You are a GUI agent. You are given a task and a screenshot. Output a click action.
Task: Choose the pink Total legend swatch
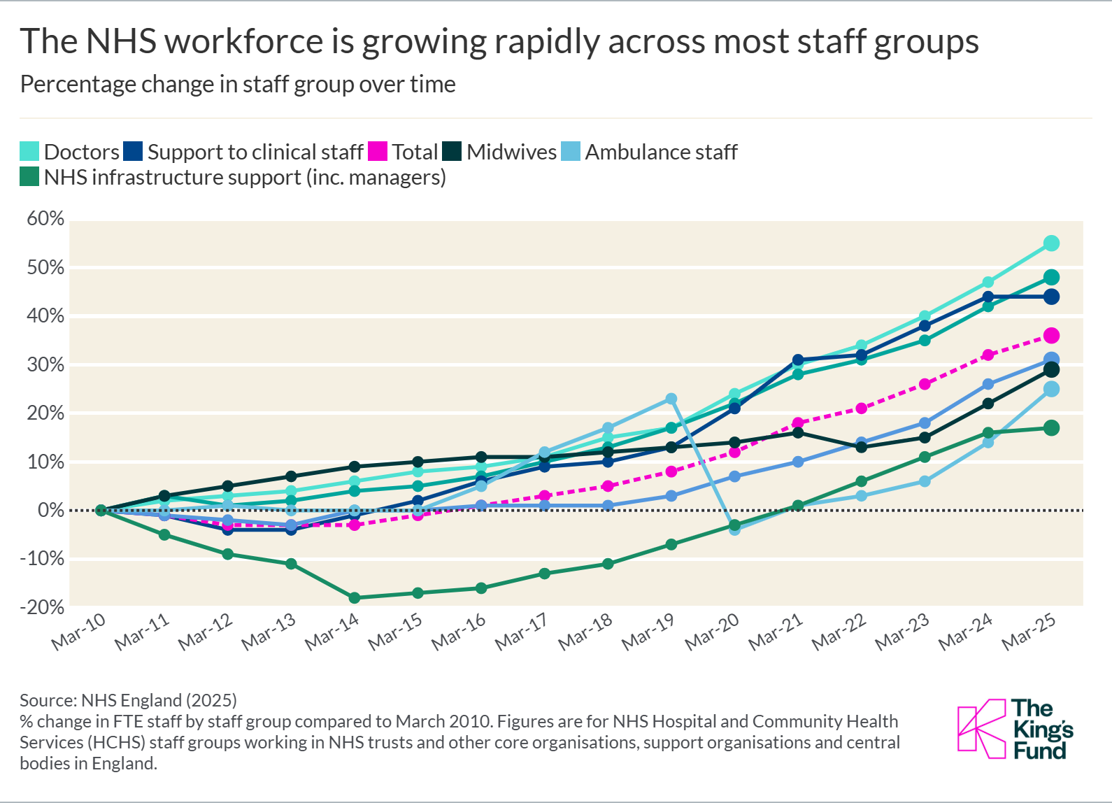point(378,152)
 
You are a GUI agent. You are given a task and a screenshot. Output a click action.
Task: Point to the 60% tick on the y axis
point(45,219)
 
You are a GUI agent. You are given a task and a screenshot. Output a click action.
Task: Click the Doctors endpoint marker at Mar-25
point(1051,243)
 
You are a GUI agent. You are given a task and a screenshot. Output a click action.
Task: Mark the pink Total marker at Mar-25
point(1051,336)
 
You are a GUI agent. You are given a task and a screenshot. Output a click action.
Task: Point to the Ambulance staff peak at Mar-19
point(671,399)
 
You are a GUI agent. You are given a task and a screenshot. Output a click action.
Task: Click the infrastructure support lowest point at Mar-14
point(354,597)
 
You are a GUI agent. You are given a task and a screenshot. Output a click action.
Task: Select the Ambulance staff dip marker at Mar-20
point(734,530)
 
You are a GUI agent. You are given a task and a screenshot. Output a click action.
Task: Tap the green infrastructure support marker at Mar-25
point(1051,428)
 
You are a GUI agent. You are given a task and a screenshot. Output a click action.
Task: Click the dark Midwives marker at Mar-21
point(798,433)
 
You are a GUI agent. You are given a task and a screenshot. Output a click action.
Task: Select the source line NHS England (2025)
point(159,700)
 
